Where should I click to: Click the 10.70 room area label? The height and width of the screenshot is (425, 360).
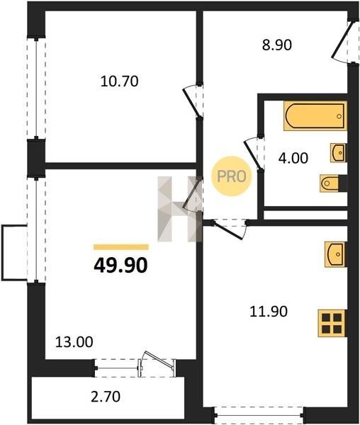119,81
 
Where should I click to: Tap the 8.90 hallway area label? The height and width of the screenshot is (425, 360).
277,45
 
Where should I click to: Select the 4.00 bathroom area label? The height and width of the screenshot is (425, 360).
293,158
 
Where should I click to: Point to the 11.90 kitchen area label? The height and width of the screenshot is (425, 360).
269,312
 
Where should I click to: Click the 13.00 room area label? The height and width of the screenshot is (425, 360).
74,342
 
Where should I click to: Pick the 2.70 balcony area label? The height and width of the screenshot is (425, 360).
106,397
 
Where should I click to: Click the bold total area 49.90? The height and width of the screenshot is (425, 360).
120,266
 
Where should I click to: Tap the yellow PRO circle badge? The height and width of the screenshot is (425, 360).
232,176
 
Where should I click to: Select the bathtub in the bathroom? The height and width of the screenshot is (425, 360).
315,115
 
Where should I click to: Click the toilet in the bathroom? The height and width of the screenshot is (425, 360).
330,183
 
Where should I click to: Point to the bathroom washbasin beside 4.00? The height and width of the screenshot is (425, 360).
338,153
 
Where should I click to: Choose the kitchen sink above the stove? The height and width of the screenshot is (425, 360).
336,254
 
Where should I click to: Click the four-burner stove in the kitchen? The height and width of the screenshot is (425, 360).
332,324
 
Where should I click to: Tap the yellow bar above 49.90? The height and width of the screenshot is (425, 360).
121,247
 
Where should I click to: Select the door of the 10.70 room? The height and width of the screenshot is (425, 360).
193,101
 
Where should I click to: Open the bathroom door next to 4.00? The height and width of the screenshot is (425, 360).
254,154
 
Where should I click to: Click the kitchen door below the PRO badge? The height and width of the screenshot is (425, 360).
230,229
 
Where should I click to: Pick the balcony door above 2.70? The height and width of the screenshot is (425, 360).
157,364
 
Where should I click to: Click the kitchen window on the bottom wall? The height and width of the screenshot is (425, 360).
259,415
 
